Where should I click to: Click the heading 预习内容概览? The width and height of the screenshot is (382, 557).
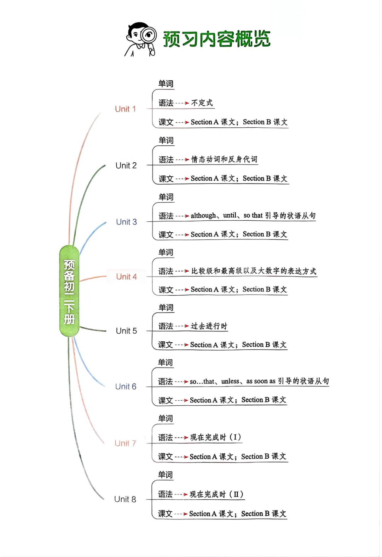click(216, 39)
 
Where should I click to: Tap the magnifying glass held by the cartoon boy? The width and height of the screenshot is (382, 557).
click(149, 37)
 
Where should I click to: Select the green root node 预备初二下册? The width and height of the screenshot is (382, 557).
click(69, 291)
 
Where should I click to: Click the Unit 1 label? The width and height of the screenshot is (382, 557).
click(125, 109)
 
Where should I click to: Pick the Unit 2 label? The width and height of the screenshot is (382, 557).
click(126, 166)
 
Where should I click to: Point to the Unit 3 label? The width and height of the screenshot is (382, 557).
click(126, 222)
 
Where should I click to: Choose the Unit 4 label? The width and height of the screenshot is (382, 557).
click(126, 277)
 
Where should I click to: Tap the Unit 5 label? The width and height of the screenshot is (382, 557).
click(126, 331)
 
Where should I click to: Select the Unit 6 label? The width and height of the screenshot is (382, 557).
click(126, 387)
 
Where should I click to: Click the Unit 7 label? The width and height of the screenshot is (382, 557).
click(125, 443)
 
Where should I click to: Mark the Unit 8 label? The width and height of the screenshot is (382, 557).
click(125, 499)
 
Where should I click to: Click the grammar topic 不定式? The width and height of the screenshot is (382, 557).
click(202, 103)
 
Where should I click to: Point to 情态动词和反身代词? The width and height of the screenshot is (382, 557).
click(224, 159)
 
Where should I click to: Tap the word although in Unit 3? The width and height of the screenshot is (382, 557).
click(203, 215)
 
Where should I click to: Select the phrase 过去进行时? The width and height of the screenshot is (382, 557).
click(209, 326)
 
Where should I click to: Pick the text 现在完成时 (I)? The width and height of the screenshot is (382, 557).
click(216, 437)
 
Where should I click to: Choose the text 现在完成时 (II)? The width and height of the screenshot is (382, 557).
click(216, 494)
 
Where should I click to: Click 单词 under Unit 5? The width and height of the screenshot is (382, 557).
click(166, 308)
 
